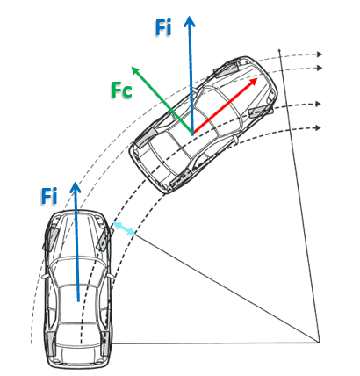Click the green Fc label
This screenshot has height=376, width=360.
[x=122, y=90]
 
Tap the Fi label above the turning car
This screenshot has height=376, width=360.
[x=163, y=28]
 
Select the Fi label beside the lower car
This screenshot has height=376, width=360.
[x=49, y=196]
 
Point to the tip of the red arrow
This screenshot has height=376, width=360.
[x=257, y=78]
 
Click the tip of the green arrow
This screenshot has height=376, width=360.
[x=132, y=67]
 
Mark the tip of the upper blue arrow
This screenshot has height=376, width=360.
[x=190, y=16]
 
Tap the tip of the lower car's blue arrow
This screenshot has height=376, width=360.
[x=76, y=182]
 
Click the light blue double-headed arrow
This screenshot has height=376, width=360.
[x=125, y=228]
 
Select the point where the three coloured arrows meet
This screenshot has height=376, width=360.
[x=192, y=134]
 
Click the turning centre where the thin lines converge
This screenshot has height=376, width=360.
[x=320, y=342]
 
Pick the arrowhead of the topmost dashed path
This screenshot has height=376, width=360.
[x=320, y=54]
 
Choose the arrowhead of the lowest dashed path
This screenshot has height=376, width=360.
[x=318, y=127]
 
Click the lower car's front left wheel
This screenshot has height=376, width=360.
[x=50, y=239]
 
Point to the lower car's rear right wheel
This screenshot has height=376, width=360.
[x=105, y=343]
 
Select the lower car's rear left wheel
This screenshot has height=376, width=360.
[x=51, y=344]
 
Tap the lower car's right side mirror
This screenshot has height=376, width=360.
[x=111, y=276]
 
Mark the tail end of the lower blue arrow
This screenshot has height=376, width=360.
[x=78, y=301]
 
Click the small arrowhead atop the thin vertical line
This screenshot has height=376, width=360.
[x=280, y=50]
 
